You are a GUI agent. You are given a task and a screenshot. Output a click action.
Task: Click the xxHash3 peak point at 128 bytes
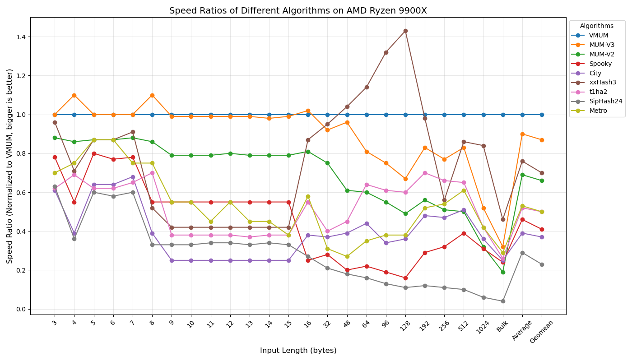point(405,31)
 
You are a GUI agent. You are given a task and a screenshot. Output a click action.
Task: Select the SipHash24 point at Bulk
point(503,301)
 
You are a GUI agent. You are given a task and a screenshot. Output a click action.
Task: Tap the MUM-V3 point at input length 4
point(74,95)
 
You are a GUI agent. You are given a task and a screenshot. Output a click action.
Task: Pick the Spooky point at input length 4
point(74,202)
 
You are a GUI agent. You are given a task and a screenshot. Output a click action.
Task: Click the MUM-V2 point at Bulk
point(503,272)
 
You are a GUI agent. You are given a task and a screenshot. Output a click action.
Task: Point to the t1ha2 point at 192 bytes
point(425,173)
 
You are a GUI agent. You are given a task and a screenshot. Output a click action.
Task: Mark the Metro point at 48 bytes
point(347,256)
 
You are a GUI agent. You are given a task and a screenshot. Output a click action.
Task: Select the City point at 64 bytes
point(367,223)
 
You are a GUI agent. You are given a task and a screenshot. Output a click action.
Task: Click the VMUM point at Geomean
point(542,115)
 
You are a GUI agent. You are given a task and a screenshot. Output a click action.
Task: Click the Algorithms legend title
point(596,26)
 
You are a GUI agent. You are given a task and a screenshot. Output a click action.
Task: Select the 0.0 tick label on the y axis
point(20,309)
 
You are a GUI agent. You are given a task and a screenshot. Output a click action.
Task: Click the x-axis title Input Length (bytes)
point(298,351)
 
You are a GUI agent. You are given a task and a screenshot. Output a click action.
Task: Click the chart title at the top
point(298,11)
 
